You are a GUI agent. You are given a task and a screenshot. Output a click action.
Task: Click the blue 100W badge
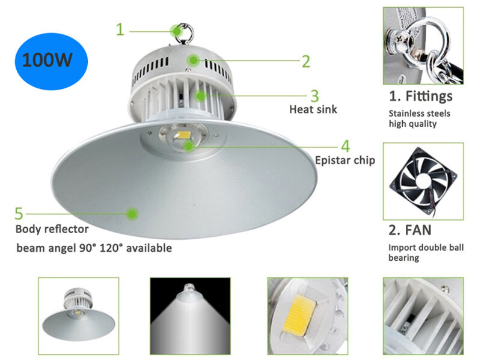[51, 61]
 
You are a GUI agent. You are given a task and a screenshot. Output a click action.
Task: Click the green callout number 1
[120, 29]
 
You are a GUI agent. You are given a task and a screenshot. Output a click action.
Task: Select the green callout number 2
[306, 61]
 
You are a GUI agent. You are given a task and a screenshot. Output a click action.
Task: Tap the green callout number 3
[314, 96]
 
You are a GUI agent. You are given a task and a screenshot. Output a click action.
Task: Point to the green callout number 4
[345, 146]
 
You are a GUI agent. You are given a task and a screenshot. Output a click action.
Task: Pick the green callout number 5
[19, 213]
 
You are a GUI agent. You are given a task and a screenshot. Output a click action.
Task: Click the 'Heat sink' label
[313, 109]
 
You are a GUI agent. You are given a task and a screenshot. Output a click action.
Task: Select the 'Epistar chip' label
[345, 160]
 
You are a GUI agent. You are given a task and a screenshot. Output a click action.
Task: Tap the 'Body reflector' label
[52, 229]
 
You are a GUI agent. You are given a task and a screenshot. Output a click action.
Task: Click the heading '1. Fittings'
[420, 96]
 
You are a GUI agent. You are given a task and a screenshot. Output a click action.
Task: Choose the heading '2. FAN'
[410, 230]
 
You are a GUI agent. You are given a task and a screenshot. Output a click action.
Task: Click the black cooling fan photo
[423, 182]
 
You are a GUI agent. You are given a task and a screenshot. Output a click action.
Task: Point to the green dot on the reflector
[132, 214]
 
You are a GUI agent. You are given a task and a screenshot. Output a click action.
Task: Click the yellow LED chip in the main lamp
[183, 135]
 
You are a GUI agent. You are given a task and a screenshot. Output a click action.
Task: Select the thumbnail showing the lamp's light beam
[190, 316]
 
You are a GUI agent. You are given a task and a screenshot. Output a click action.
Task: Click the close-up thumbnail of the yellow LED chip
[308, 316]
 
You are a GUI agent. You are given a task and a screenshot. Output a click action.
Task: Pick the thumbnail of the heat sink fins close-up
[423, 316]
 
